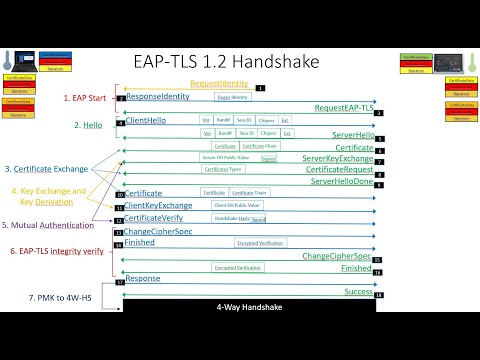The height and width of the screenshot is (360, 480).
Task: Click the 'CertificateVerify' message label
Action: [x=157, y=217]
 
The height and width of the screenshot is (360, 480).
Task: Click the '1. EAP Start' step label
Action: [x=88, y=98]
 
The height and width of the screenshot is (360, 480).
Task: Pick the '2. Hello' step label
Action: [x=89, y=125]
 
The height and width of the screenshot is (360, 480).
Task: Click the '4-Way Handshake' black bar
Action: [x=249, y=307]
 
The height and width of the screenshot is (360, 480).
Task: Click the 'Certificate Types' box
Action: [x=222, y=169]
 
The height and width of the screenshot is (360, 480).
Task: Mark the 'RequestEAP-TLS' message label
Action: [x=344, y=107]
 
